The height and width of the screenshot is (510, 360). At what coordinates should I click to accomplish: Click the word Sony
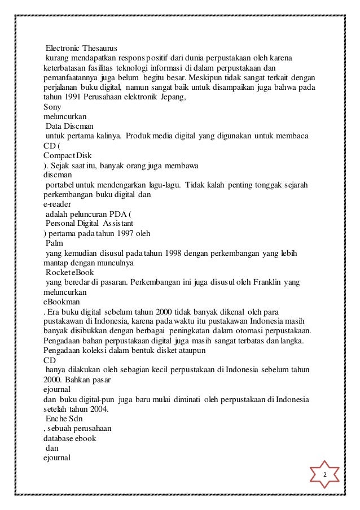point(52,105)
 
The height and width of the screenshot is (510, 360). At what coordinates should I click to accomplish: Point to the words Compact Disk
point(68,155)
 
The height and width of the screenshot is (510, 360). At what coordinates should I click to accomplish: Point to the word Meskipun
point(209,77)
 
